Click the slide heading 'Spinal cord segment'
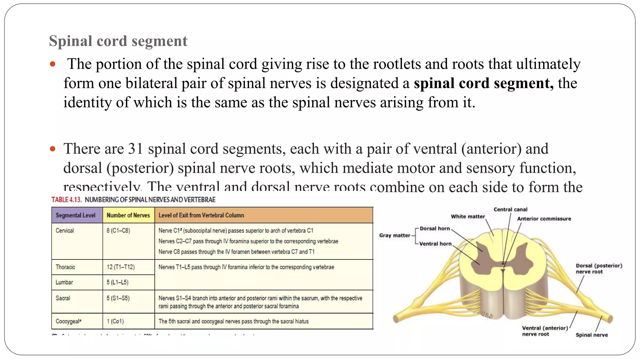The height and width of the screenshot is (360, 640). pyautogui.click(x=118, y=41)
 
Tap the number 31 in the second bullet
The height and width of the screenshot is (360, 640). pyautogui.click(x=136, y=149)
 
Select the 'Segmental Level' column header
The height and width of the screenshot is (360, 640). pyautogui.click(x=75, y=215)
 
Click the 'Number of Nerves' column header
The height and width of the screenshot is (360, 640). pyautogui.click(x=128, y=215)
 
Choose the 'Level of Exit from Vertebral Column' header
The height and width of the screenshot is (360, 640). pyautogui.click(x=201, y=215)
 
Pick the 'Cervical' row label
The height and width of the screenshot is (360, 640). pyautogui.click(x=65, y=231)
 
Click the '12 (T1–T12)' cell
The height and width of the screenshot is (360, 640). pyautogui.click(x=121, y=267)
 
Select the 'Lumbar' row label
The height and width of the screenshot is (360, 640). pyautogui.click(x=64, y=282)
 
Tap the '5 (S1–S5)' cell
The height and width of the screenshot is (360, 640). pyautogui.click(x=118, y=298)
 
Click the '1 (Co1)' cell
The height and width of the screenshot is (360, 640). pyautogui.click(x=115, y=321)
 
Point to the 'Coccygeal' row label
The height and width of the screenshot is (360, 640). pyautogui.click(x=68, y=321)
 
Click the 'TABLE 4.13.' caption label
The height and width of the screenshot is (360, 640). pyautogui.click(x=67, y=200)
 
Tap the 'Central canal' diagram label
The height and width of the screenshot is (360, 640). pyautogui.click(x=510, y=209)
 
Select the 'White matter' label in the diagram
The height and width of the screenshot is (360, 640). pyautogui.click(x=467, y=216)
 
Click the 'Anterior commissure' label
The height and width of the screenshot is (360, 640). pyautogui.click(x=544, y=219)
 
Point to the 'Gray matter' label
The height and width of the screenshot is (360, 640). pyautogui.click(x=394, y=235)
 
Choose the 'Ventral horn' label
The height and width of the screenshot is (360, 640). pyautogui.click(x=435, y=244)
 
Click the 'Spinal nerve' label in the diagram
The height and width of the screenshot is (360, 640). pyautogui.click(x=592, y=335)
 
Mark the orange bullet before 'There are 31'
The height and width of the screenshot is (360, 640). pyautogui.click(x=52, y=149)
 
